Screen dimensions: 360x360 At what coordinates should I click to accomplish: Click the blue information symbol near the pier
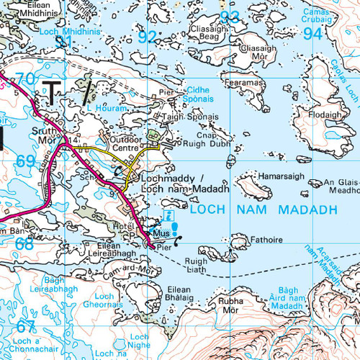point(168,215)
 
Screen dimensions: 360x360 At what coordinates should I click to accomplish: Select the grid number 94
point(312,34)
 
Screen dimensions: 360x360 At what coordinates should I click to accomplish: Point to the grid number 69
point(25,160)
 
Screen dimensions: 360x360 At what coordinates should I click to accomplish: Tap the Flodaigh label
point(326,114)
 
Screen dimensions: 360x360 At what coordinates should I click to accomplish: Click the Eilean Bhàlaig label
point(162,292)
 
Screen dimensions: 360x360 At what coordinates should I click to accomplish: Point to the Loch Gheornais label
point(106,300)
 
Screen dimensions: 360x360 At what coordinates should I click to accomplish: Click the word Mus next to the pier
point(161,235)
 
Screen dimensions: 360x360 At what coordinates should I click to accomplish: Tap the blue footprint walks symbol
point(174,228)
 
